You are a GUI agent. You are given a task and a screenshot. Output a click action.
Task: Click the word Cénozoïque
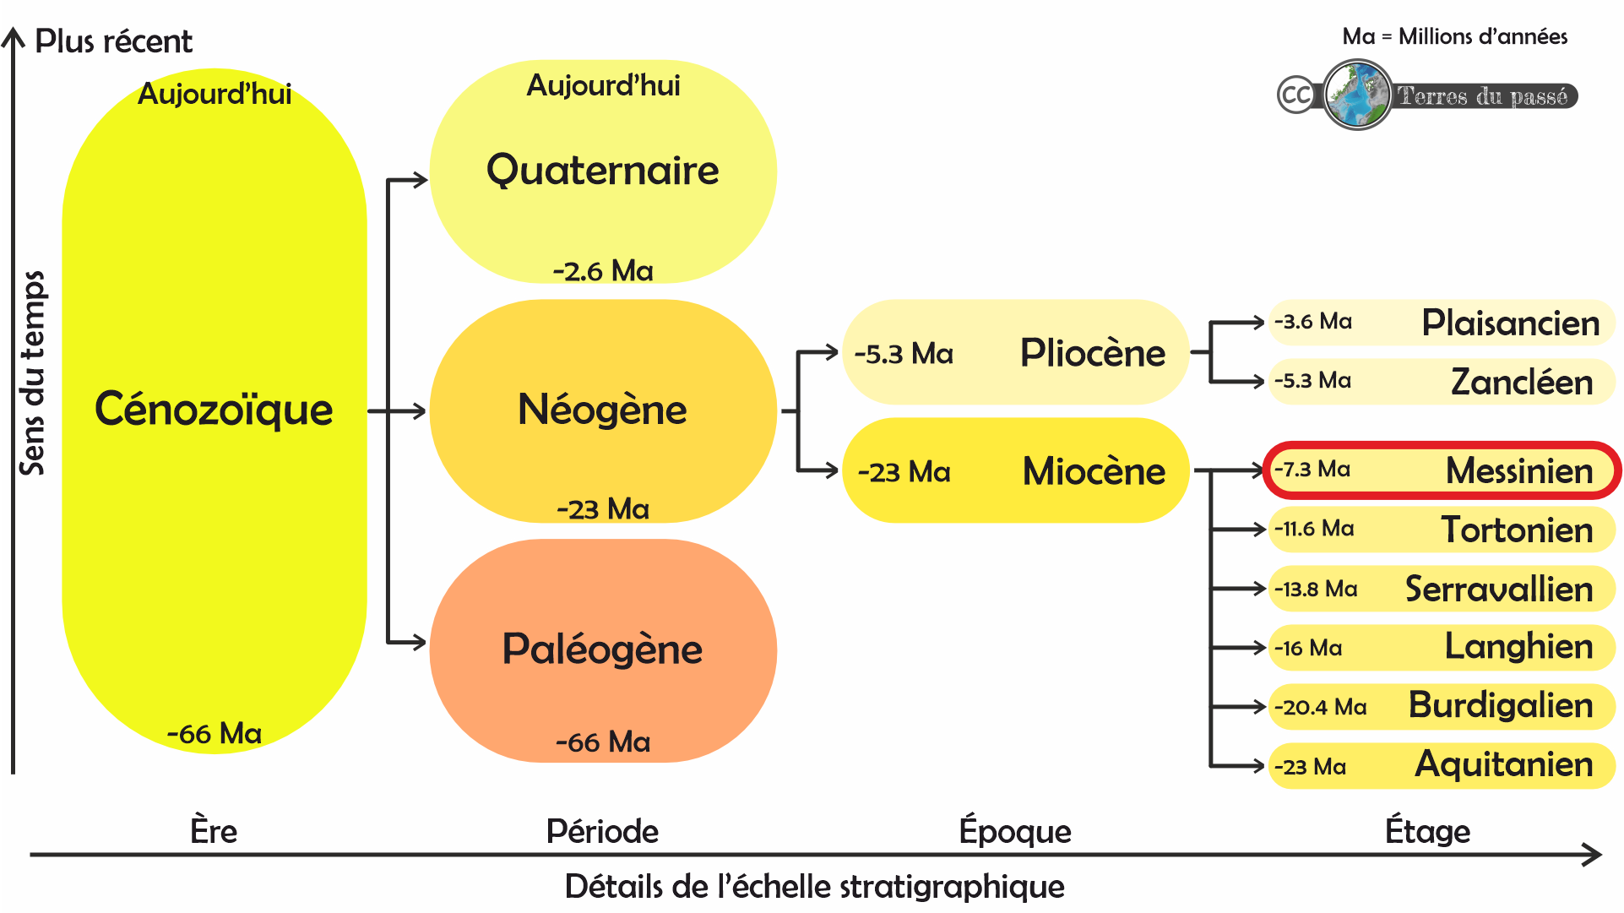[214, 410]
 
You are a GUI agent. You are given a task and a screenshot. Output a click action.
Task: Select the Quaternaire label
[602, 171]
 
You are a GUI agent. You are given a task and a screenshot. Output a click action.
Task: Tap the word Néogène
[602, 410]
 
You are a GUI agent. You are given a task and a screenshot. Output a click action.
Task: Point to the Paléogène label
[602, 649]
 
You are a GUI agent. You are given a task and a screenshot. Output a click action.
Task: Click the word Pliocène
[1092, 353]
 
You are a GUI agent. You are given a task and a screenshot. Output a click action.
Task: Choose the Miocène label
[1094, 471]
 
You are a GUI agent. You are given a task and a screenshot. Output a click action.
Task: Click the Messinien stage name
[1518, 470]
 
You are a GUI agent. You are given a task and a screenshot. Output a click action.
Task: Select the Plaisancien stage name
[1510, 323]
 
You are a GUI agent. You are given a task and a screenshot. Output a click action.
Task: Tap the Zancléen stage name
[1521, 382]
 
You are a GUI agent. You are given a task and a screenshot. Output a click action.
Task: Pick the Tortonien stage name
[1517, 530]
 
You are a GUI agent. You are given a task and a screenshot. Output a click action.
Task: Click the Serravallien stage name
[1498, 589]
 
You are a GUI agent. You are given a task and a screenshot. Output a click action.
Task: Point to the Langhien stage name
[1518, 647]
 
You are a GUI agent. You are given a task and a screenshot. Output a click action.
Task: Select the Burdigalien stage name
[1500, 705]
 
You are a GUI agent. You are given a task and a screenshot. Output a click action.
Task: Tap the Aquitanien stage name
[1503, 764]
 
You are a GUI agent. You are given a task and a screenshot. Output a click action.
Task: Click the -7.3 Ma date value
[1312, 470]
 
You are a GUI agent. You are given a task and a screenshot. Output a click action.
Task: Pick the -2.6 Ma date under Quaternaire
[602, 271]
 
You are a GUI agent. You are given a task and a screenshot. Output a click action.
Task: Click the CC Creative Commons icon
[1295, 95]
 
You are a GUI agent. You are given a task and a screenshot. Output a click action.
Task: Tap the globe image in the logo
[1357, 95]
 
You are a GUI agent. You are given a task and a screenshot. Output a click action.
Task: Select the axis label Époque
[1014, 831]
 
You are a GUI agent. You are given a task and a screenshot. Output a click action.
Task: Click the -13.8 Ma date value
[1315, 589]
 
